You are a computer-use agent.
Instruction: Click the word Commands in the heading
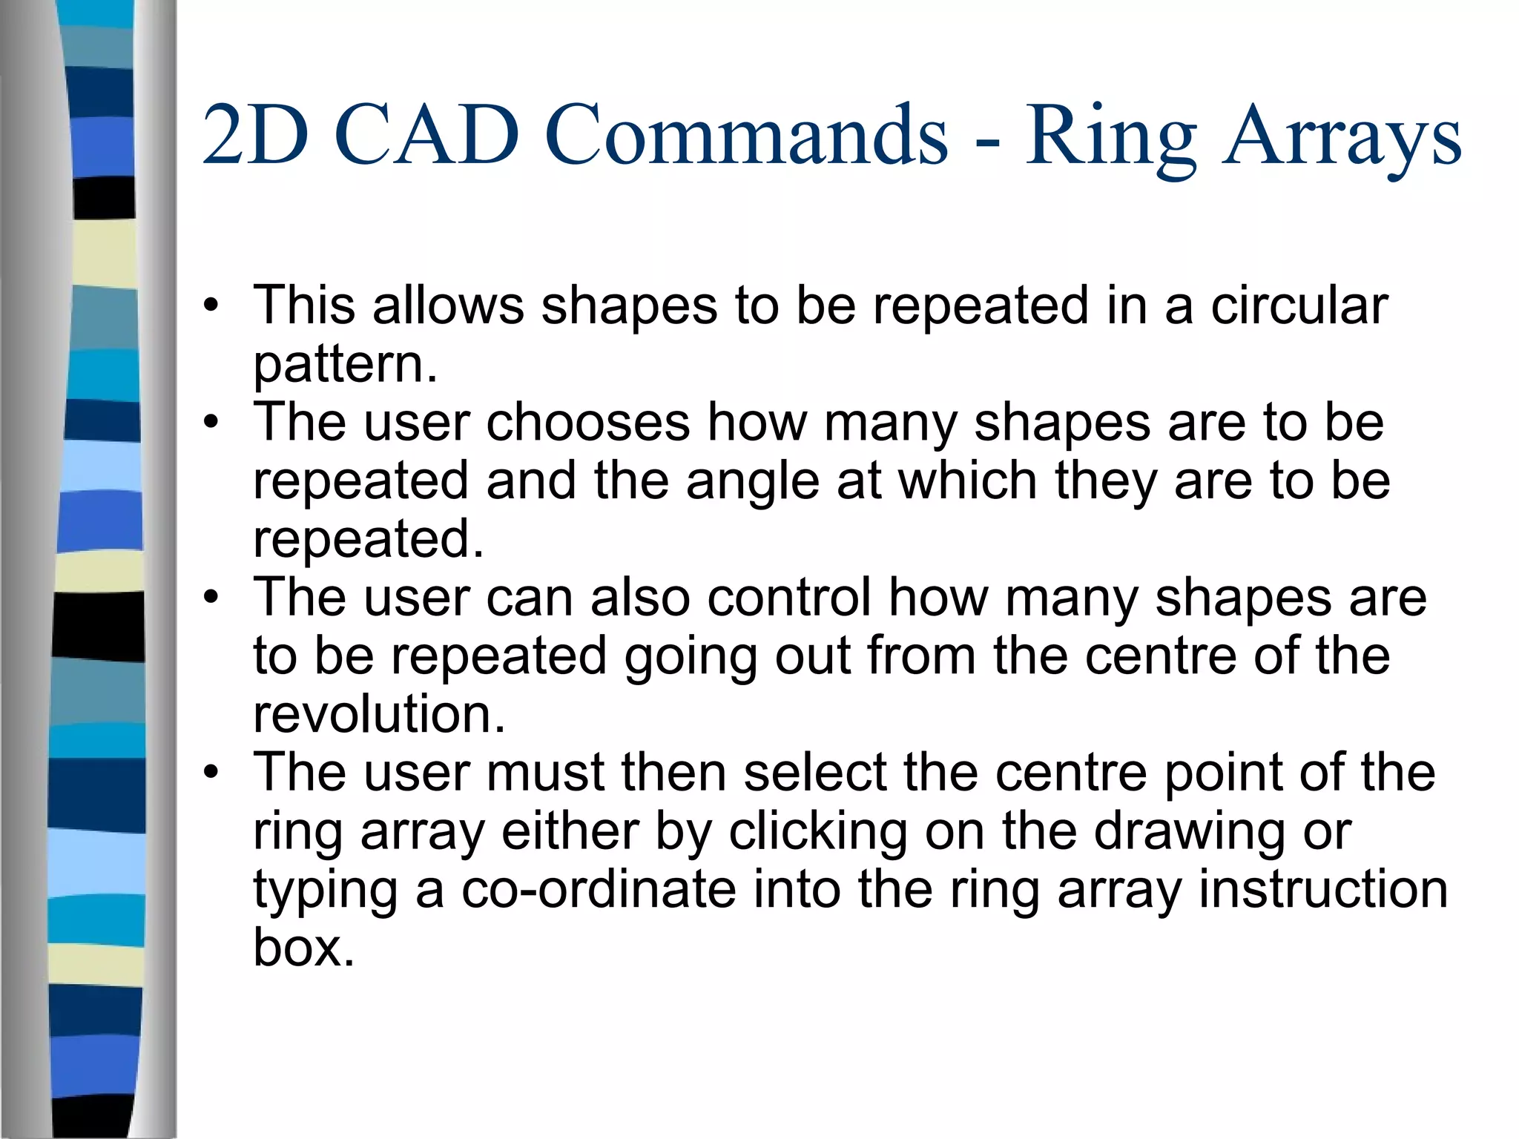click(x=746, y=135)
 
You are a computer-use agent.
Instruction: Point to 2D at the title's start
click(x=255, y=135)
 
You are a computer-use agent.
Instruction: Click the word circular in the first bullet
click(x=1299, y=306)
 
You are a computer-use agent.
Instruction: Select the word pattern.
click(x=345, y=365)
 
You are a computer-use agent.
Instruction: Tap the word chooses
click(x=587, y=423)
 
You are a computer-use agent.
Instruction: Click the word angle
click(x=753, y=482)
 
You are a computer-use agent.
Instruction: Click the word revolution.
click(x=378, y=714)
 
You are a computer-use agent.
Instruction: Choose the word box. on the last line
click(x=303, y=948)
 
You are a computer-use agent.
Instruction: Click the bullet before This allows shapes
click(x=211, y=306)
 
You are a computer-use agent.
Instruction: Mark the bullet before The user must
click(x=211, y=773)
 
